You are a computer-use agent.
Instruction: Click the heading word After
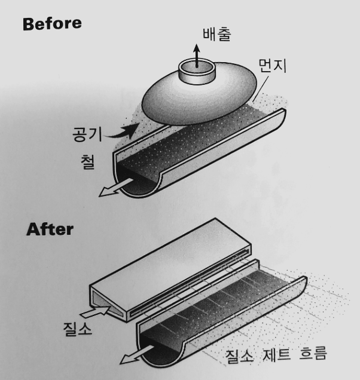[49, 229]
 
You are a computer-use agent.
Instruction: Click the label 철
[87, 162]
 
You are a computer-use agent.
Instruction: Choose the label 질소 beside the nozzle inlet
[78, 328]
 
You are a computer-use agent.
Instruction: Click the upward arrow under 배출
[196, 53]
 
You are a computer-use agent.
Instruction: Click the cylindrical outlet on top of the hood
[197, 71]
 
